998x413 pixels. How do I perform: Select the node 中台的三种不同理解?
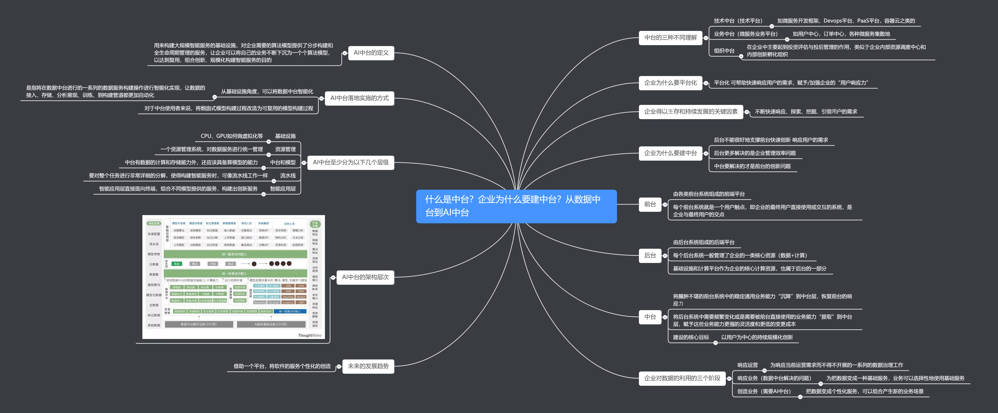(x=670, y=38)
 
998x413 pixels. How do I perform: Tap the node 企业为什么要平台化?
(x=670, y=83)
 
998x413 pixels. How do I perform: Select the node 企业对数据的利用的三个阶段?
(x=682, y=378)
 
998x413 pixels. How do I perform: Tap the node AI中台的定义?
(x=371, y=53)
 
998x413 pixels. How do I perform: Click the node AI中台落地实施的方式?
(x=359, y=98)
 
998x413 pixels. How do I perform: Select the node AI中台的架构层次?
(x=365, y=277)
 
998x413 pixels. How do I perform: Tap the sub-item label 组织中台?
(x=724, y=51)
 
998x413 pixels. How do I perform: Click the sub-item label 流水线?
(x=288, y=176)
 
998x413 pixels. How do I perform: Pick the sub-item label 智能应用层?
(x=283, y=189)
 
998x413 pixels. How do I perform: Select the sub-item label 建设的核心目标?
(x=691, y=337)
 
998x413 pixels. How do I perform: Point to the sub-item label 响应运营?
(x=747, y=365)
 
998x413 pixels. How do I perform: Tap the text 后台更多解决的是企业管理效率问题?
(x=755, y=153)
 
